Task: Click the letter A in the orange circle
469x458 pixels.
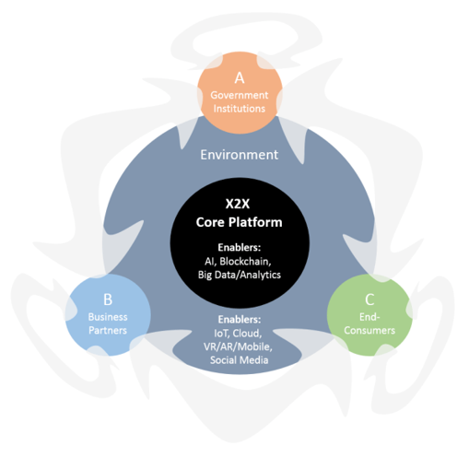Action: (x=240, y=77)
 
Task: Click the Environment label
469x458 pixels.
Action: (x=240, y=155)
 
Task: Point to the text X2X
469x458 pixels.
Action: (x=240, y=205)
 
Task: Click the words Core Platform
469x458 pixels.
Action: (x=240, y=221)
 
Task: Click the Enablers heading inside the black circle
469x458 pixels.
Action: (x=240, y=247)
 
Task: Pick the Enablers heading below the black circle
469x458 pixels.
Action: (x=240, y=320)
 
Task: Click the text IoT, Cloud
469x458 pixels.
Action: (x=240, y=333)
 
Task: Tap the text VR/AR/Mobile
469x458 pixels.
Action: (x=240, y=346)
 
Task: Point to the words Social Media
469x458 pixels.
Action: (x=240, y=360)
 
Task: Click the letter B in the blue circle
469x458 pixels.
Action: (x=108, y=299)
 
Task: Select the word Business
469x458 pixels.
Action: (x=108, y=316)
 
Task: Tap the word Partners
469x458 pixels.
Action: (x=108, y=329)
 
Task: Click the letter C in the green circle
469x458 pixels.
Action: (x=369, y=299)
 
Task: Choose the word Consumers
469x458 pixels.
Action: (x=369, y=329)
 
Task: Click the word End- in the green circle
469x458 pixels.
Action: (x=369, y=316)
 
